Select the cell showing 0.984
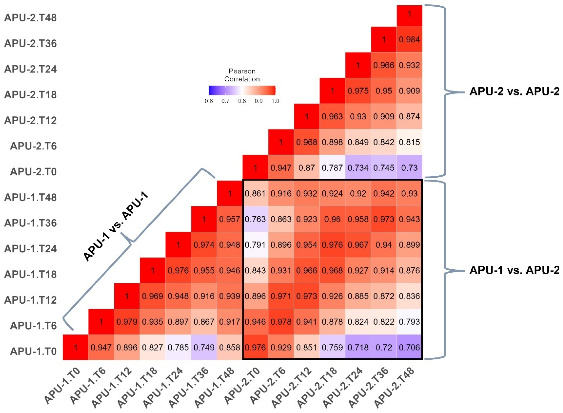tap(409, 39)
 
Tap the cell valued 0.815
tap(409, 142)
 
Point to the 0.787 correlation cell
tap(332, 168)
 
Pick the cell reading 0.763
tap(255, 219)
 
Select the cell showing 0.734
tap(358, 168)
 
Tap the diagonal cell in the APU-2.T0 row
tap(255, 168)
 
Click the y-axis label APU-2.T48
tap(31, 18)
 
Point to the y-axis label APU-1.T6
tap(33, 326)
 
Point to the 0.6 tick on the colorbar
tap(209, 101)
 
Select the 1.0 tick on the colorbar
tap(275, 101)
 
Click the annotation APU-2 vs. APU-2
tap(514, 92)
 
